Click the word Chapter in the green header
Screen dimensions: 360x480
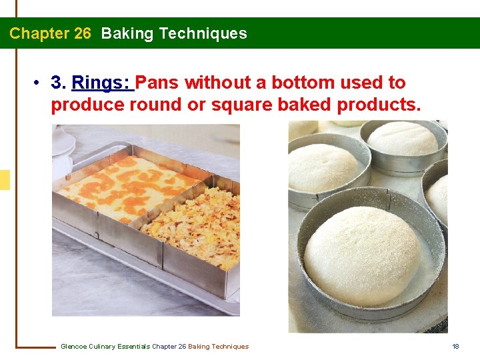(x=36, y=33)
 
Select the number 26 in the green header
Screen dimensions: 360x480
(x=83, y=33)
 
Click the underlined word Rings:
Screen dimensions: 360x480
(x=102, y=83)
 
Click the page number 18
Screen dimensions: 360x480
(x=456, y=346)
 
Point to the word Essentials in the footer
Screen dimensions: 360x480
(x=133, y=346)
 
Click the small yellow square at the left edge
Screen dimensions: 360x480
(x=5, y=180)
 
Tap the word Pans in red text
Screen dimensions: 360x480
(x=159, y=83)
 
